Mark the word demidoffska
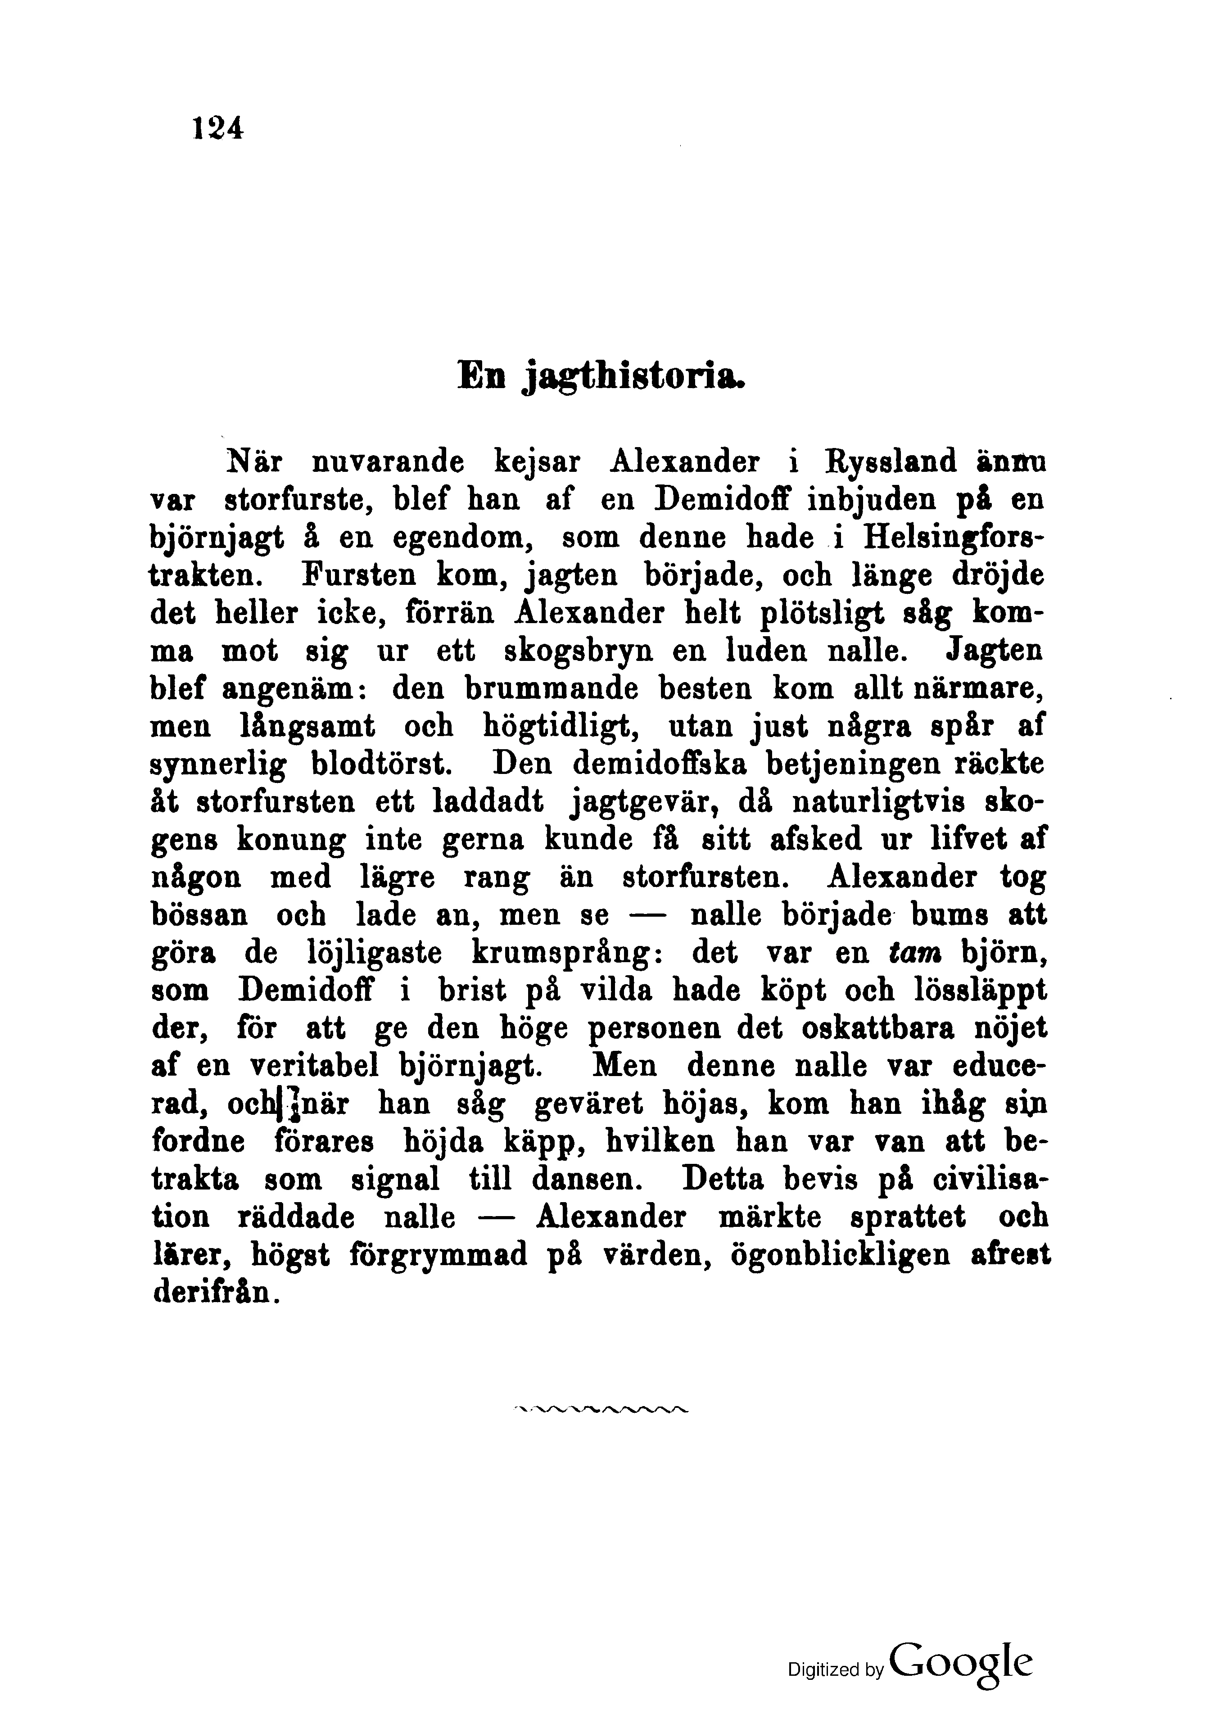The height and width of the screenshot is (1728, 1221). [660, 764]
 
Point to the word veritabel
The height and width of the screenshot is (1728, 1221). [316, 1067]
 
